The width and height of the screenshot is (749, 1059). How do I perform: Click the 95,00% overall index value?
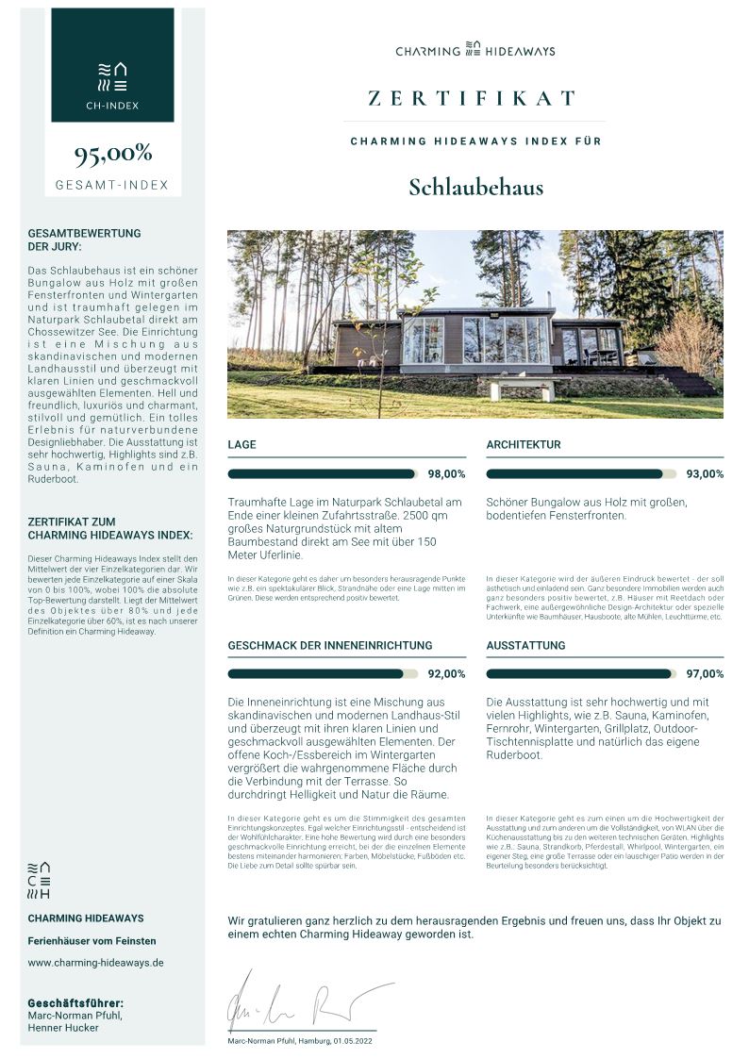point(113,154)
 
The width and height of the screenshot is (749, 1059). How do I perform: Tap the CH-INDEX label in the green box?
point(112,106)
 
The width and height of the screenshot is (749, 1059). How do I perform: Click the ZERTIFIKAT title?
point(473,98)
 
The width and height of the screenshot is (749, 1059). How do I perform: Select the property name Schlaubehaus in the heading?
point(475,187)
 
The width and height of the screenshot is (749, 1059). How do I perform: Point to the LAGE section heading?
point(241,444)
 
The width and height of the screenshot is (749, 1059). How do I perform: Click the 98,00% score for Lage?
point(446,474)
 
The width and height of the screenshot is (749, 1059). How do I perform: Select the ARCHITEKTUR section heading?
point(524,444)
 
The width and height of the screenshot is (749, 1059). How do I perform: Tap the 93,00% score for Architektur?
point(705,474)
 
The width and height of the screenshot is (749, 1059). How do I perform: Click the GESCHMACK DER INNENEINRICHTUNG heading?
point(330,645)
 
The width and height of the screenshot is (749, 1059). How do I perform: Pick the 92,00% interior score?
point(446,674)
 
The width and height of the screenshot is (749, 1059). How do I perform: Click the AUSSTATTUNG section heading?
point(525,645)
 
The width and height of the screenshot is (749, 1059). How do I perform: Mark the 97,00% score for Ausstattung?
point(705,674)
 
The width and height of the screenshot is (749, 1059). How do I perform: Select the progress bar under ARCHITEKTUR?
point(581,474)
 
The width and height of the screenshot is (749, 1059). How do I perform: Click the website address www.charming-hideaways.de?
point(96,963)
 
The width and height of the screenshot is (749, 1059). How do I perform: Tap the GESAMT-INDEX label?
point(112,185)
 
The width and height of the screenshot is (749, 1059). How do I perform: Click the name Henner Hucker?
point(63,1028)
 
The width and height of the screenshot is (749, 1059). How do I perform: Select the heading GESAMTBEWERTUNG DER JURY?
point(85,240)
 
